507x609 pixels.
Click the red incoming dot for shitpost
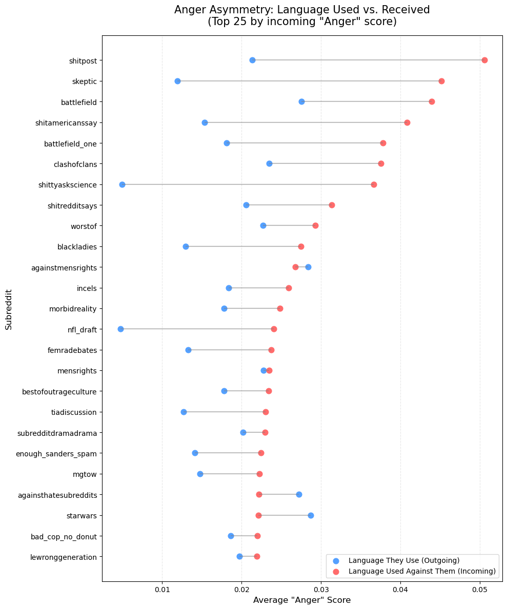[484, 60]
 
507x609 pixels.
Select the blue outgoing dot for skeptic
[177, 81]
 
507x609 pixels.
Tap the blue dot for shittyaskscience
[122, 184]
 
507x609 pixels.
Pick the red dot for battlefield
[432, 101]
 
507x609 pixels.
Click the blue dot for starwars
[311, 515]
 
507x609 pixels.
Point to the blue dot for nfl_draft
[120, 329]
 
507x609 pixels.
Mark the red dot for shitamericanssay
[407, 122]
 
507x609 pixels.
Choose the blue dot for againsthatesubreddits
[299, 494]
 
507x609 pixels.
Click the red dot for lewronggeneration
[257, 556]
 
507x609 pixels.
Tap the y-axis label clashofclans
[75, 164]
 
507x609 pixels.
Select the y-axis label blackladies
[77, 246]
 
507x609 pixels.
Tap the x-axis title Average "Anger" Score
[302, 600]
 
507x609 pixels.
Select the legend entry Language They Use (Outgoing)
[403, 560]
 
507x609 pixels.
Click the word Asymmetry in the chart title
[228, 10]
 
